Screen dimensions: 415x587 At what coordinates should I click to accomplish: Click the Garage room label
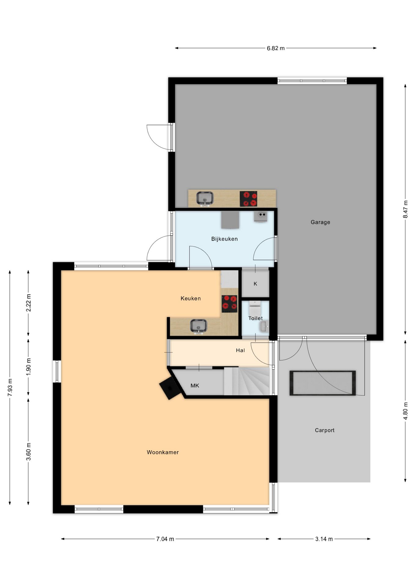pyautogui.click(x=320, y=222)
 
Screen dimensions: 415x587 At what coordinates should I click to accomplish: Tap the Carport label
pyautogui.click(x=325, y=430)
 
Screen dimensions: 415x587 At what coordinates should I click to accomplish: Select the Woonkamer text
pyautogui.click(x=163, y=452)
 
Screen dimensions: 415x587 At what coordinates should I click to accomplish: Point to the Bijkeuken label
pyautogui.click(x=224, y=239)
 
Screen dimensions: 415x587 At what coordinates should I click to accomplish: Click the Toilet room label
pyautogui.click(x=255, y=318)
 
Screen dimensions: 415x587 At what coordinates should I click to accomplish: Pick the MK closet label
pyautogui.click(x=195, y=386)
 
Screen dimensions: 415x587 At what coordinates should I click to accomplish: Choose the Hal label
pyautogui.click(x=240, y=350)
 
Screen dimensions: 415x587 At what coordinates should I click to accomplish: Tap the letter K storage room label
pyautogui.click(x=255, y=284)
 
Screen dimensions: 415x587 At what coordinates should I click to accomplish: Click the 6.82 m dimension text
pyautogui.click(x=276, y=48)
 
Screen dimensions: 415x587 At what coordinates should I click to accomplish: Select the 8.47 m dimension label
pyautogui.click(x=406, y=209)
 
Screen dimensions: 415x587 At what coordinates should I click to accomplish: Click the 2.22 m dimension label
pyautogui.click(x=28, y=303)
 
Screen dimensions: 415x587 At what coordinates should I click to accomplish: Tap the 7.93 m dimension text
pyautogui.click(x=10, y=387)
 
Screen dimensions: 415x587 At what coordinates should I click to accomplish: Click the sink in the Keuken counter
pyautogui.click(x=199, y=326)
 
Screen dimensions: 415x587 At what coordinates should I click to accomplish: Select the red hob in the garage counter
pyautogui.click(x=248, y=199)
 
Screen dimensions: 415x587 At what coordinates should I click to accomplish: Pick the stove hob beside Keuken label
pyautogui.click(x=230, y=304)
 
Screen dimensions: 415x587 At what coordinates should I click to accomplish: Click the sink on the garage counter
pyautogui.click(x=205, y=199)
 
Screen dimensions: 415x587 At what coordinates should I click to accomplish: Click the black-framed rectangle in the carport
pyautogui.click(x=323, y=383)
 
